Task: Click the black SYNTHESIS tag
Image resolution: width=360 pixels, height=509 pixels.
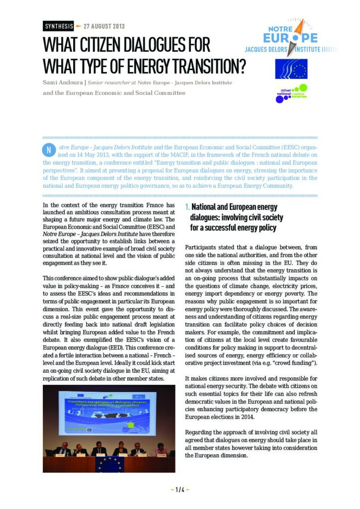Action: click(x=59, y=26)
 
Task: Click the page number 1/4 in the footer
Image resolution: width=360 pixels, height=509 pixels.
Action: click(x=180, y=490)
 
